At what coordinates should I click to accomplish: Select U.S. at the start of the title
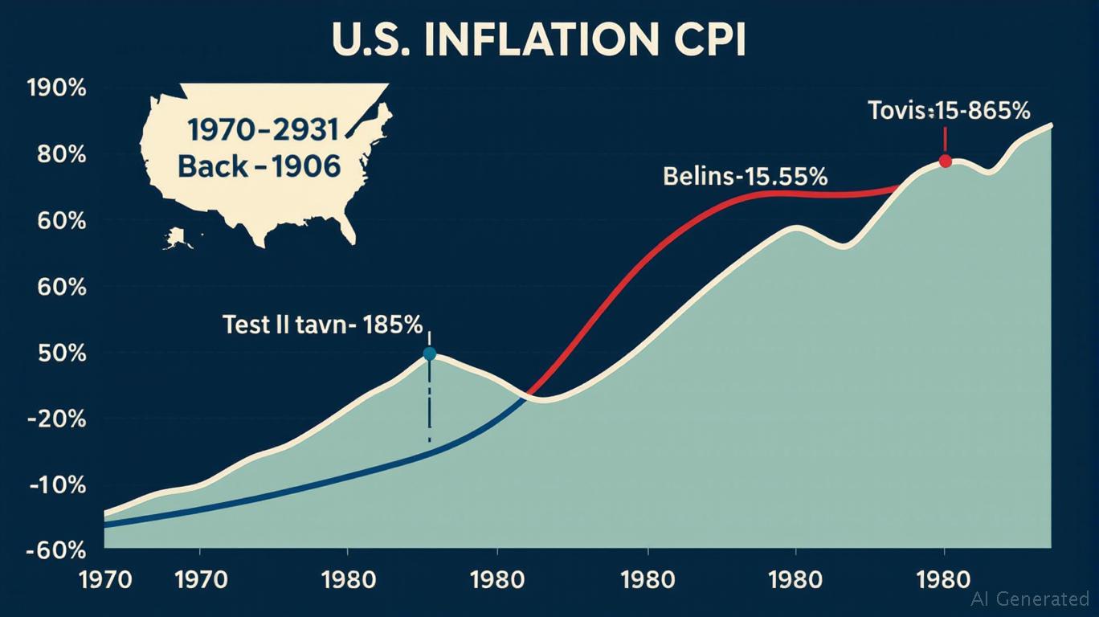coord(378,42)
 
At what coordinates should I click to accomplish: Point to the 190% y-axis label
coord(56,88)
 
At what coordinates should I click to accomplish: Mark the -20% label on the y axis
coord(58,419)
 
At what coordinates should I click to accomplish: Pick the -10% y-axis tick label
coord(58,485)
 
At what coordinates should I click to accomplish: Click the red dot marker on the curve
coord(945,161)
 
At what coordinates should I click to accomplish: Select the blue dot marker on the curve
coord(429,353)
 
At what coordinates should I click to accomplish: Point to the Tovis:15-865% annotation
coord(949,111)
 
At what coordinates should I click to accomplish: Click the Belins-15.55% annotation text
coord(745,176)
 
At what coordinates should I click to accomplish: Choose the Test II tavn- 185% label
coord(321,325)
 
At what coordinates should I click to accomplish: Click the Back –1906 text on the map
coord(259,166)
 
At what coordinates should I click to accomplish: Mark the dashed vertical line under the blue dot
coord(429,402)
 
